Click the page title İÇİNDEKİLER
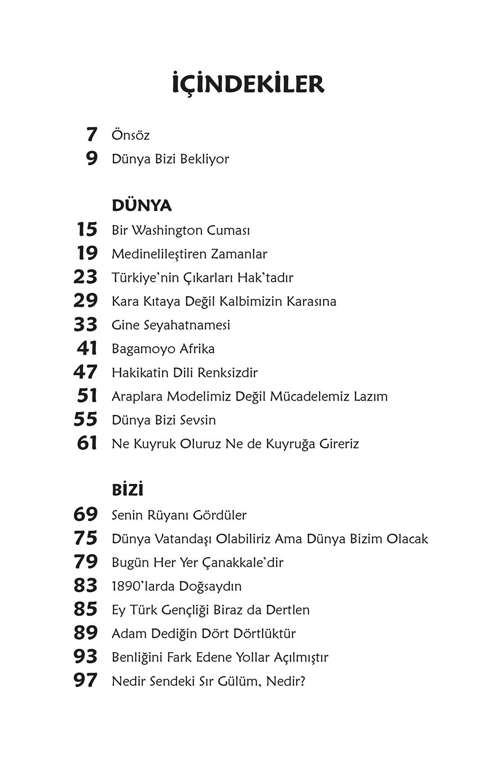click(248, 84)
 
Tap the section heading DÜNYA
click(142, 206)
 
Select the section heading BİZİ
click(127, 490)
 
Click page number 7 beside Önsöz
click(92, 134)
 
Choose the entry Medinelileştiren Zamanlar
click(189, 254)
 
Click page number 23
click(85, 278)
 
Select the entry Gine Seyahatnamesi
click(171, 325)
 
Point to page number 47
click(85, 372)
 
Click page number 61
click(87, 443)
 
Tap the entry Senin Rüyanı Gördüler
click(179, 515)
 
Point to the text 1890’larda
click(143, 586)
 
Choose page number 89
click(85, 633)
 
